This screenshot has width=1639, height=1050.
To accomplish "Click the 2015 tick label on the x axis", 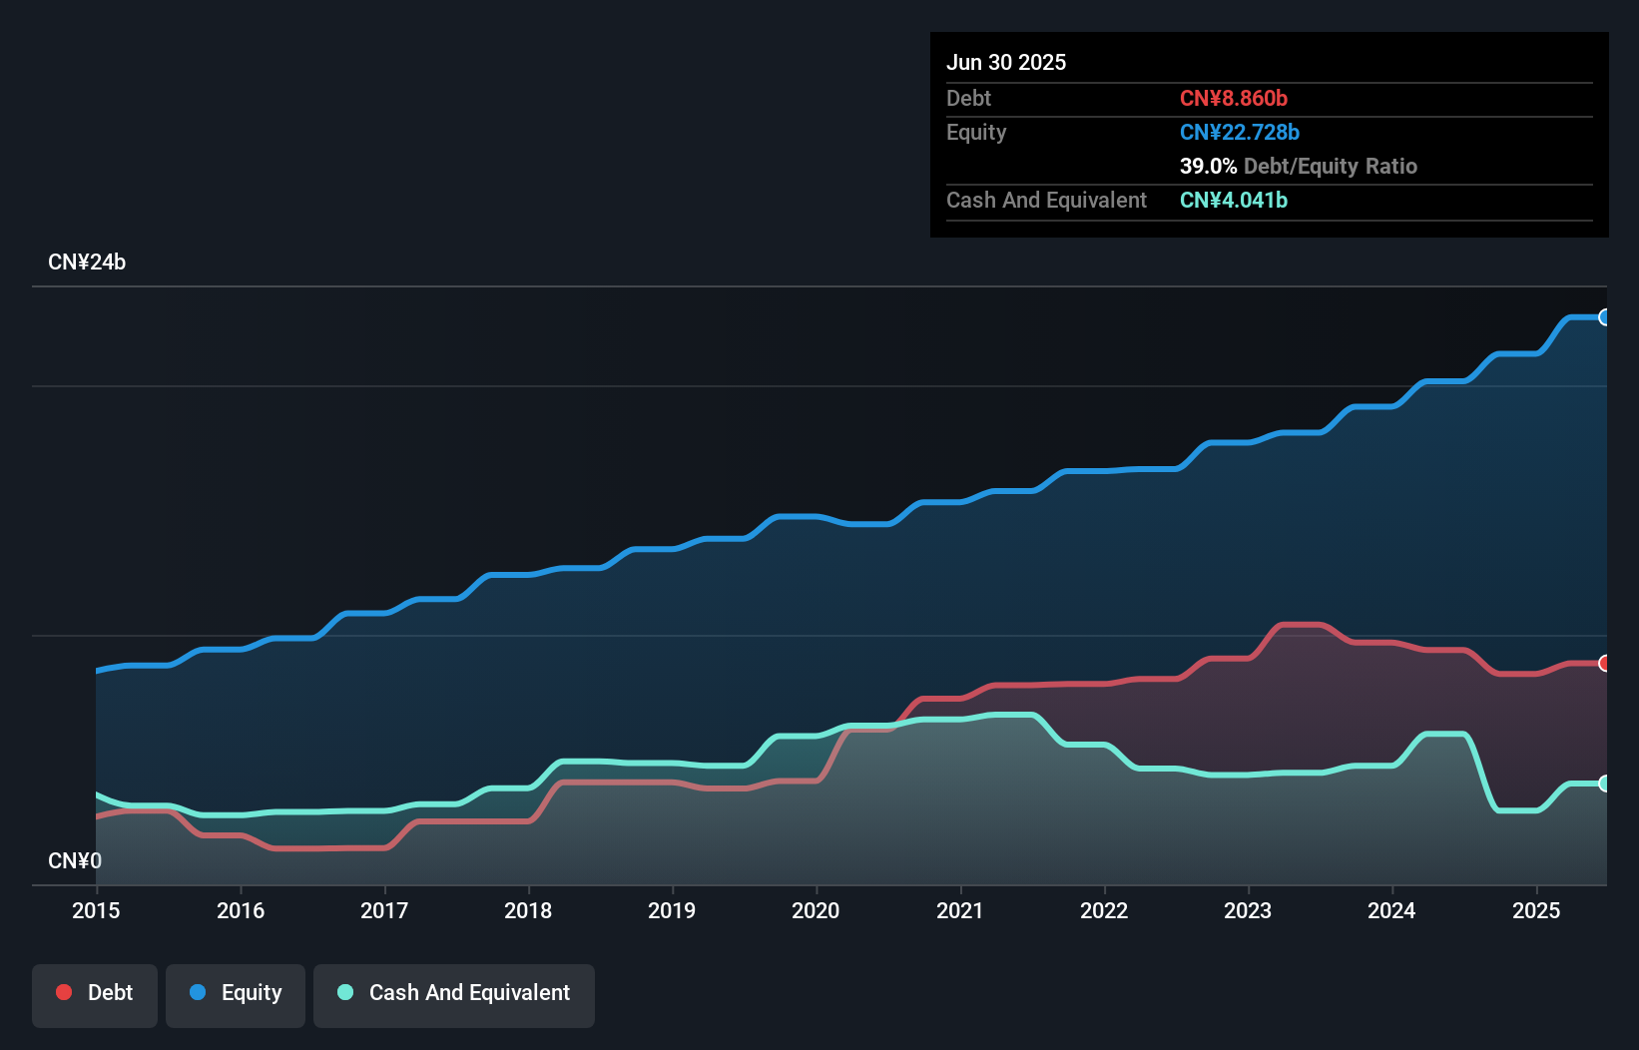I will tap(96, 910).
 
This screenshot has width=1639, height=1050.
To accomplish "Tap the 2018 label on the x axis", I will tap(528, 910).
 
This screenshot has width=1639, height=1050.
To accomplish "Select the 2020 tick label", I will tap(816, 910).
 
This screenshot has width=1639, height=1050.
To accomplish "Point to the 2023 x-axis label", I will tap(1248, 910).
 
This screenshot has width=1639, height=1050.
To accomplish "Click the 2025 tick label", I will tap(1536, 910).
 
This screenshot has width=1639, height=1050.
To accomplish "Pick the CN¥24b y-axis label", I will tap(87, 262).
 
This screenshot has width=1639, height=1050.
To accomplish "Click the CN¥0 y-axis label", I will tap(75, 860).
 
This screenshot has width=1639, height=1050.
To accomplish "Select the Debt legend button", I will tap(95, 993).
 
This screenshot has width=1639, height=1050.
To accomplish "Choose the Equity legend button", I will tap(236, 993).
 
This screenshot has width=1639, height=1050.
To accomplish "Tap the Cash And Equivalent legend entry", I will tap(454, 993).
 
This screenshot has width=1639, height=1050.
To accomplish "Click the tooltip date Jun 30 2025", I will tap(1006, 62).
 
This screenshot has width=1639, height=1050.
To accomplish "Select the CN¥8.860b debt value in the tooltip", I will tap(1234, 98).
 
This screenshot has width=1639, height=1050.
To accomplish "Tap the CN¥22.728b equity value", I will tap(1240, 132).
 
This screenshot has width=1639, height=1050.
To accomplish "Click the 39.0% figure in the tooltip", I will tap(1208, 166).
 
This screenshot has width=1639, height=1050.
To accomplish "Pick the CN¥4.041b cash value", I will tap(1234, 200).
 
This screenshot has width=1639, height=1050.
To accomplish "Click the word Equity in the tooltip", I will tap(976, 132).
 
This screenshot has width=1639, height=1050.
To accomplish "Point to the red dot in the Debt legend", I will tap(64, 992).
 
